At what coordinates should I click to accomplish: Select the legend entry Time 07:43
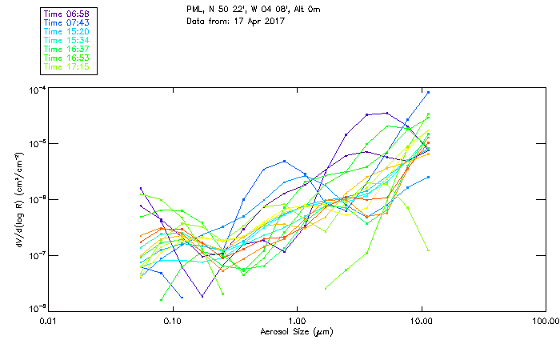(67, 22)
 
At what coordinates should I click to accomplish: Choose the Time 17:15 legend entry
(67, 66)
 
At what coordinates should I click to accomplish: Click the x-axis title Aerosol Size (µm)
(297, 330)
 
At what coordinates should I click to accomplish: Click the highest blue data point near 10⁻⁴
(429, 92)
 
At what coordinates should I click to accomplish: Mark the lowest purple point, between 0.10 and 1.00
(202, 296)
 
